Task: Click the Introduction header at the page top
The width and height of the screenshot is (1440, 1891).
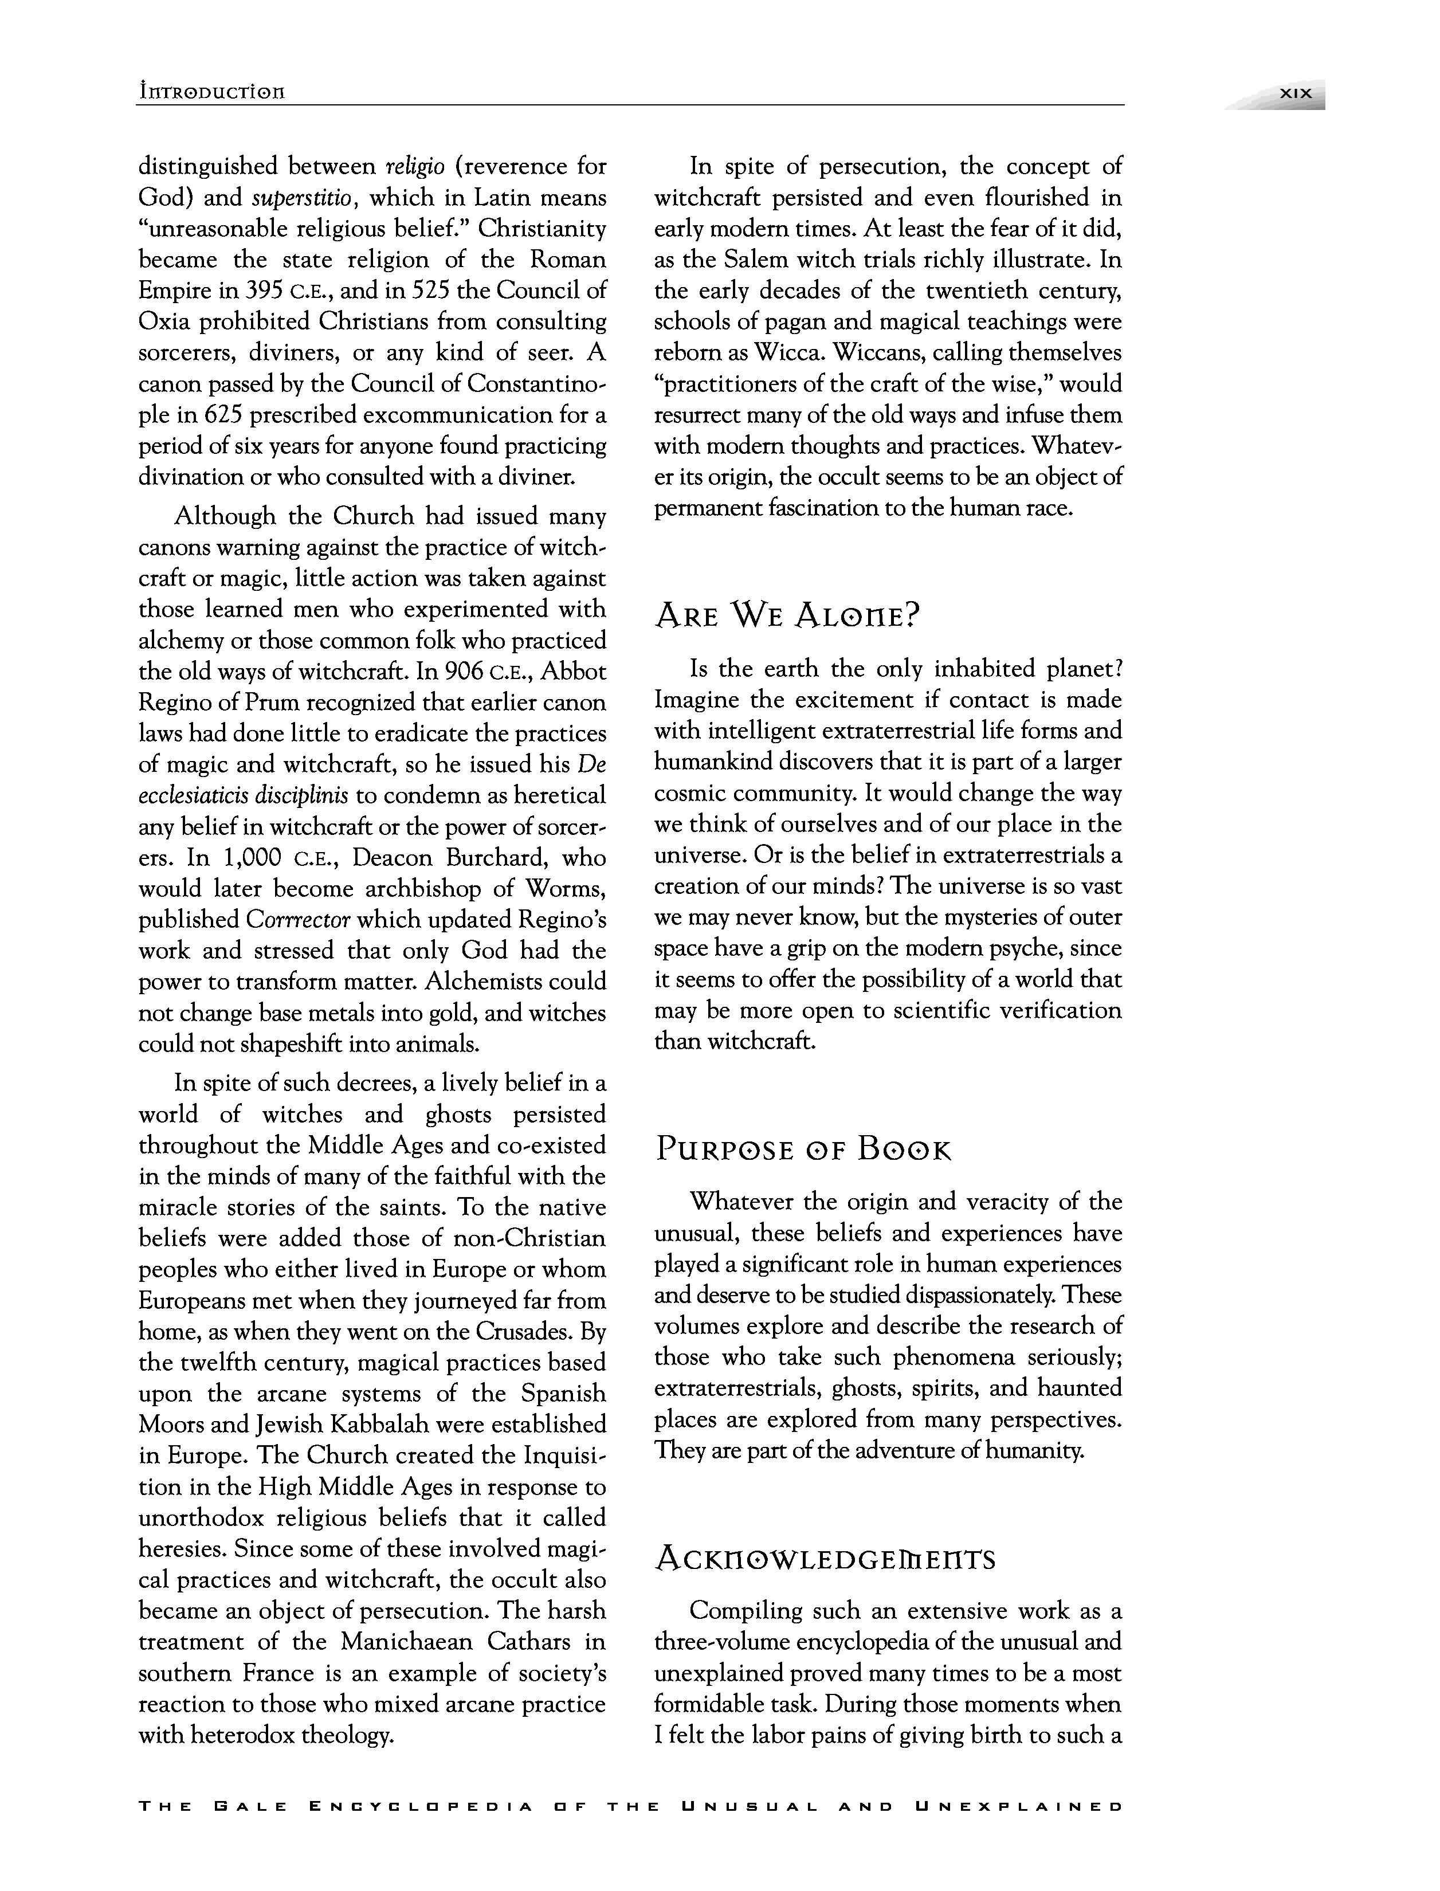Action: (211, 92)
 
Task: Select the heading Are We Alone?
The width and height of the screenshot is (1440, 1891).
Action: (786, 615)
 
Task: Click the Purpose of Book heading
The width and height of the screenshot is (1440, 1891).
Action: (803, 1149)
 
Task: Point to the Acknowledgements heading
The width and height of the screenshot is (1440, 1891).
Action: (825, 1559)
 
